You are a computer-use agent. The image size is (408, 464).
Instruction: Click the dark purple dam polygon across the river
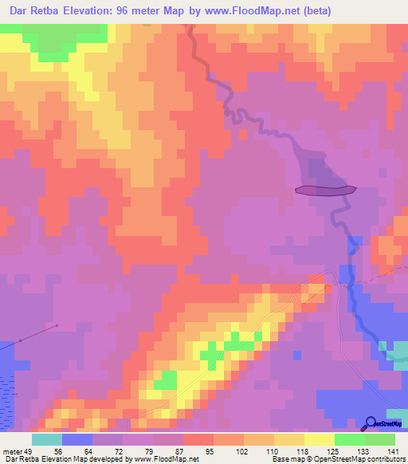[325, 190]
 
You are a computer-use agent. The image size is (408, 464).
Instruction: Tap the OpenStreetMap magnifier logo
[371, 423]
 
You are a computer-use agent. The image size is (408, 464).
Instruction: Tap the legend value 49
[31, 450]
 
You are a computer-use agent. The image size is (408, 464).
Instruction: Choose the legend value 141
[394, 450]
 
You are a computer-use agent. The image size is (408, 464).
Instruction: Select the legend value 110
[273, 450]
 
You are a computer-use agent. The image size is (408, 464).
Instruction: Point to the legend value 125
[333, 450]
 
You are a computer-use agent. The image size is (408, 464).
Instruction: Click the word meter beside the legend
[11, 450]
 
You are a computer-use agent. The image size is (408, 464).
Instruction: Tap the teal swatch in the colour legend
[47, 439]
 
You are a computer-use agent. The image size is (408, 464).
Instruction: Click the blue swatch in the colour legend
[77, 439]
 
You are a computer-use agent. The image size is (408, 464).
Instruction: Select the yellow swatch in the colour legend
[320, 439]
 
